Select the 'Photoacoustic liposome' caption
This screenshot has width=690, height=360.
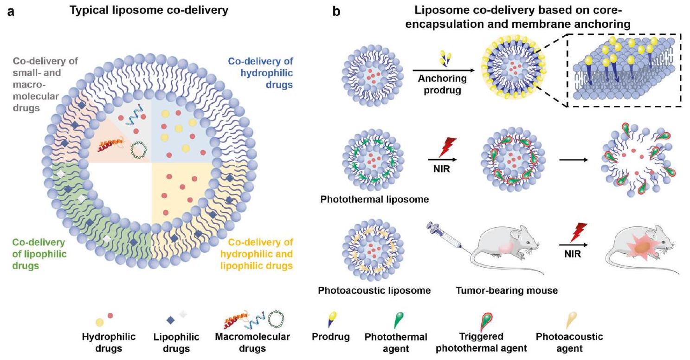(x=374, y=291)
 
